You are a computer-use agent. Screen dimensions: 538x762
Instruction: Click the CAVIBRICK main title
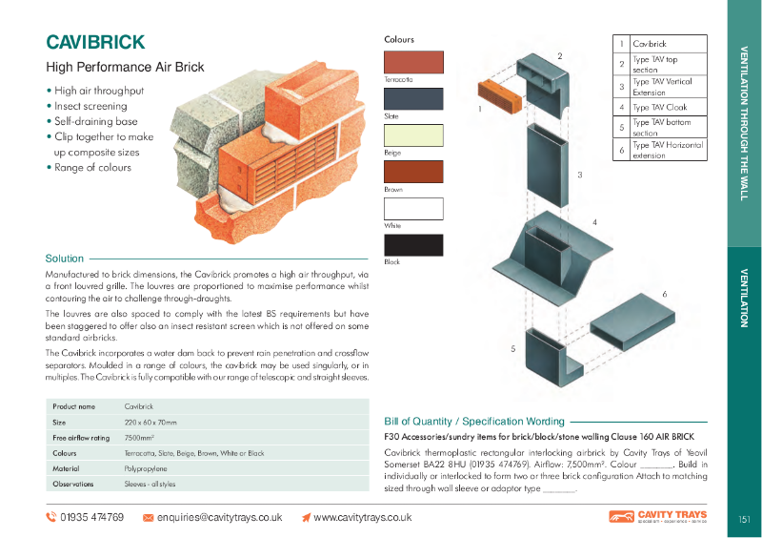tap(95, 43)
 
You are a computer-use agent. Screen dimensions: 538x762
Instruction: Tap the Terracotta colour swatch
tap(413, 62)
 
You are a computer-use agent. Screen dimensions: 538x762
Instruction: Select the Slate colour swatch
tap(413, 98)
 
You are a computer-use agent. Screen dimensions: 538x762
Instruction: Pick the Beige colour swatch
tap(413, 134)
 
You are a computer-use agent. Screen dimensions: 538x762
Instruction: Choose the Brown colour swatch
tap(413, 172)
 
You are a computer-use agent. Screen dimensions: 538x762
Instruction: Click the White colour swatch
tap(413, 209)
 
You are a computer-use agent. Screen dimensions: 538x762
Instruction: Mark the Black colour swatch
tap(413, 245)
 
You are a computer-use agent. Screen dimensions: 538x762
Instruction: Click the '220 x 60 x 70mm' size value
tap(150, 423)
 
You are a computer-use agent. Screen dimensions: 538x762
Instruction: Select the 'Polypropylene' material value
tap(146, 468)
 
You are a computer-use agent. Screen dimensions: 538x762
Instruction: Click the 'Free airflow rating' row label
tap(81, 438)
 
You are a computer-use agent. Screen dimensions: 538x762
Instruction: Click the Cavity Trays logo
tap(657, 517)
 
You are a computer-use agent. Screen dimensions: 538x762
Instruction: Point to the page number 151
tap(744, 520)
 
